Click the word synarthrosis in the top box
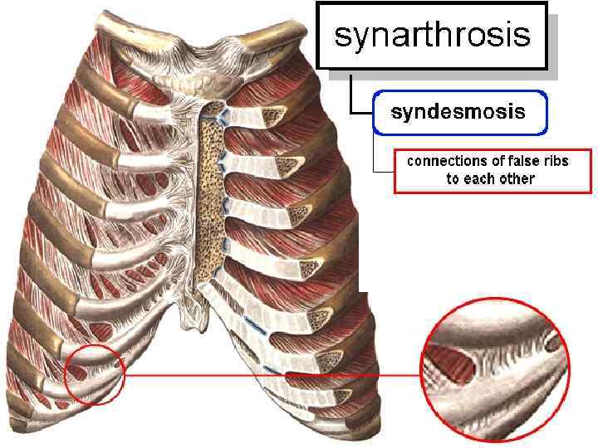click(x=431, y=36)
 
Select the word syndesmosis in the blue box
click(x=458, y=112)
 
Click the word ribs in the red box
click(x=550, y=161)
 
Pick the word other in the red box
click(x=516, y=178)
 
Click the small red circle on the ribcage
click(x=93, y=374)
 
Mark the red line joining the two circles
click(x=274, y=375)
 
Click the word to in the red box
click(x=453, y=178)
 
